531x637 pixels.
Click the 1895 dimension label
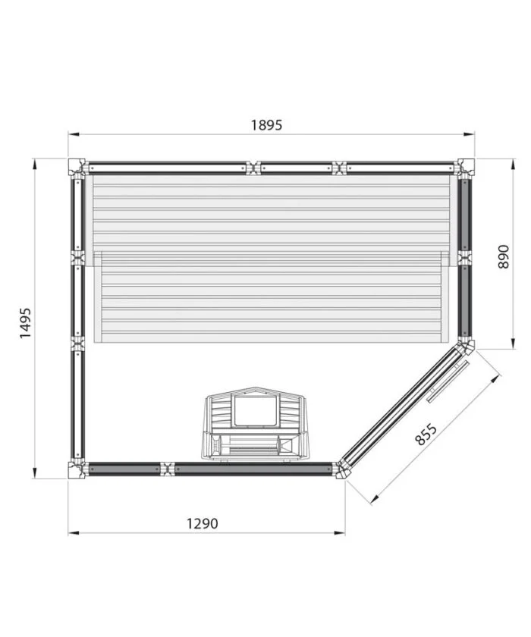[266, 125]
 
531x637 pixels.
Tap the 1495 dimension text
[25, 323]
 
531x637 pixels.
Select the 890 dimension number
[503, 257]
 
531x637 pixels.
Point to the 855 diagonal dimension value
[426, 435]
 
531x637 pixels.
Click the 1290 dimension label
[203, 523]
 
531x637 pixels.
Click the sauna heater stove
[255, 424]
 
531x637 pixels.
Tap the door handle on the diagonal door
[448, 381]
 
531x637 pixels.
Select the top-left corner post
[77, 167]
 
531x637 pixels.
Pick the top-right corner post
[466, 167]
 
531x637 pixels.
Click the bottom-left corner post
[77, 470]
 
